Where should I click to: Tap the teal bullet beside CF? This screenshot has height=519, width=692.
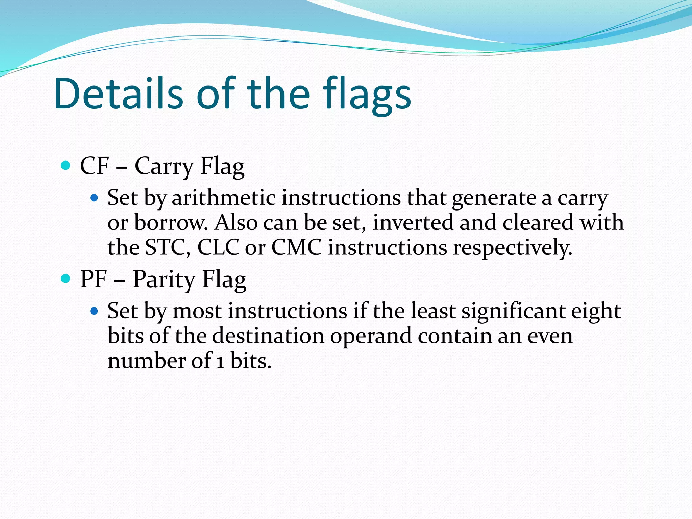click(65, 166)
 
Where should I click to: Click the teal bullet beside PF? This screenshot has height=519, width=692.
click(65, 279)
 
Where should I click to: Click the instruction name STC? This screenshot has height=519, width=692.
click(165, 247)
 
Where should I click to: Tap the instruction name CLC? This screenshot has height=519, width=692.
click(218, 247)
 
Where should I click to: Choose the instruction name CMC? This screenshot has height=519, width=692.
click(296, 247)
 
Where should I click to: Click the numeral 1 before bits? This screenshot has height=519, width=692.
click(220, 361)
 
